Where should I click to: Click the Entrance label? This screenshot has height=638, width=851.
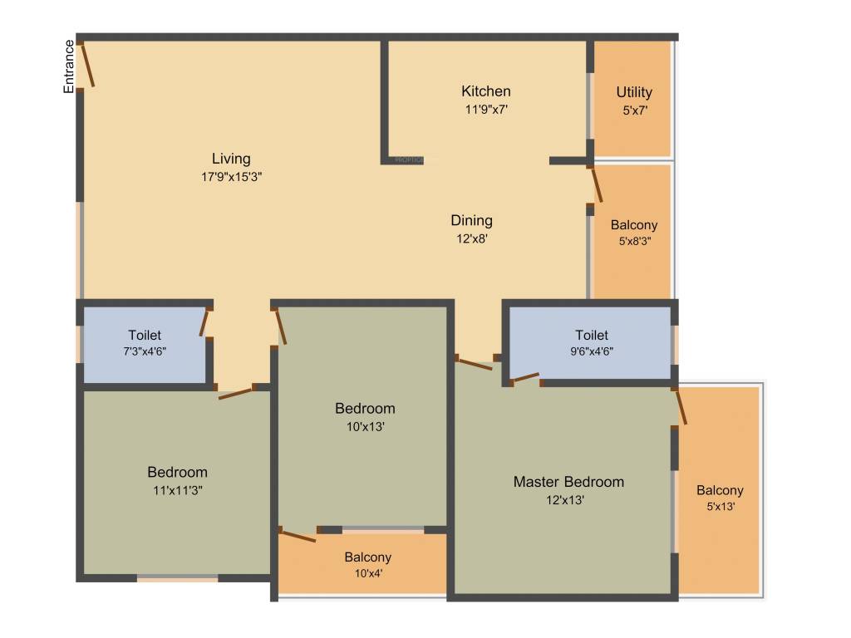point(70,66)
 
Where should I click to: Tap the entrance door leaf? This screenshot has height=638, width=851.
point(87,65)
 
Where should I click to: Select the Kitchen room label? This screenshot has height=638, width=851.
point(486,91)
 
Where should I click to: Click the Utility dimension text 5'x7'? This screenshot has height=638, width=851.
point(634,110)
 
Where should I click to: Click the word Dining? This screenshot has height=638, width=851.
point(471,220)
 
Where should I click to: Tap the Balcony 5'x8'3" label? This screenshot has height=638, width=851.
point(634,225)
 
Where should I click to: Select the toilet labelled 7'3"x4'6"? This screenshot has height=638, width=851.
point(145,342)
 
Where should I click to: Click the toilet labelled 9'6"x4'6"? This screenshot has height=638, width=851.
point(592,342)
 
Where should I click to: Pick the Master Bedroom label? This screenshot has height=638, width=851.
point(568,482)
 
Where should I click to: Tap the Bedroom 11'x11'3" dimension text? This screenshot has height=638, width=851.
point(177,490)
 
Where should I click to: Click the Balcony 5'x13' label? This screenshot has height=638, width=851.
point(720,490)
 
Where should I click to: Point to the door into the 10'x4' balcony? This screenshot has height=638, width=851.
point(298,535)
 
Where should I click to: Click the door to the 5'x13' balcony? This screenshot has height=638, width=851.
point(681,406)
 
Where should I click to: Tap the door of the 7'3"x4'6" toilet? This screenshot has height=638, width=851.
point(204,322)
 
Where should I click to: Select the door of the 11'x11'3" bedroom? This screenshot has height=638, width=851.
point(236,393)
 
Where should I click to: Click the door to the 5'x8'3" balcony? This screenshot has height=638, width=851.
point(595,186)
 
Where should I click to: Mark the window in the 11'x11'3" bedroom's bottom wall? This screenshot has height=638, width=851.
point(178,578)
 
